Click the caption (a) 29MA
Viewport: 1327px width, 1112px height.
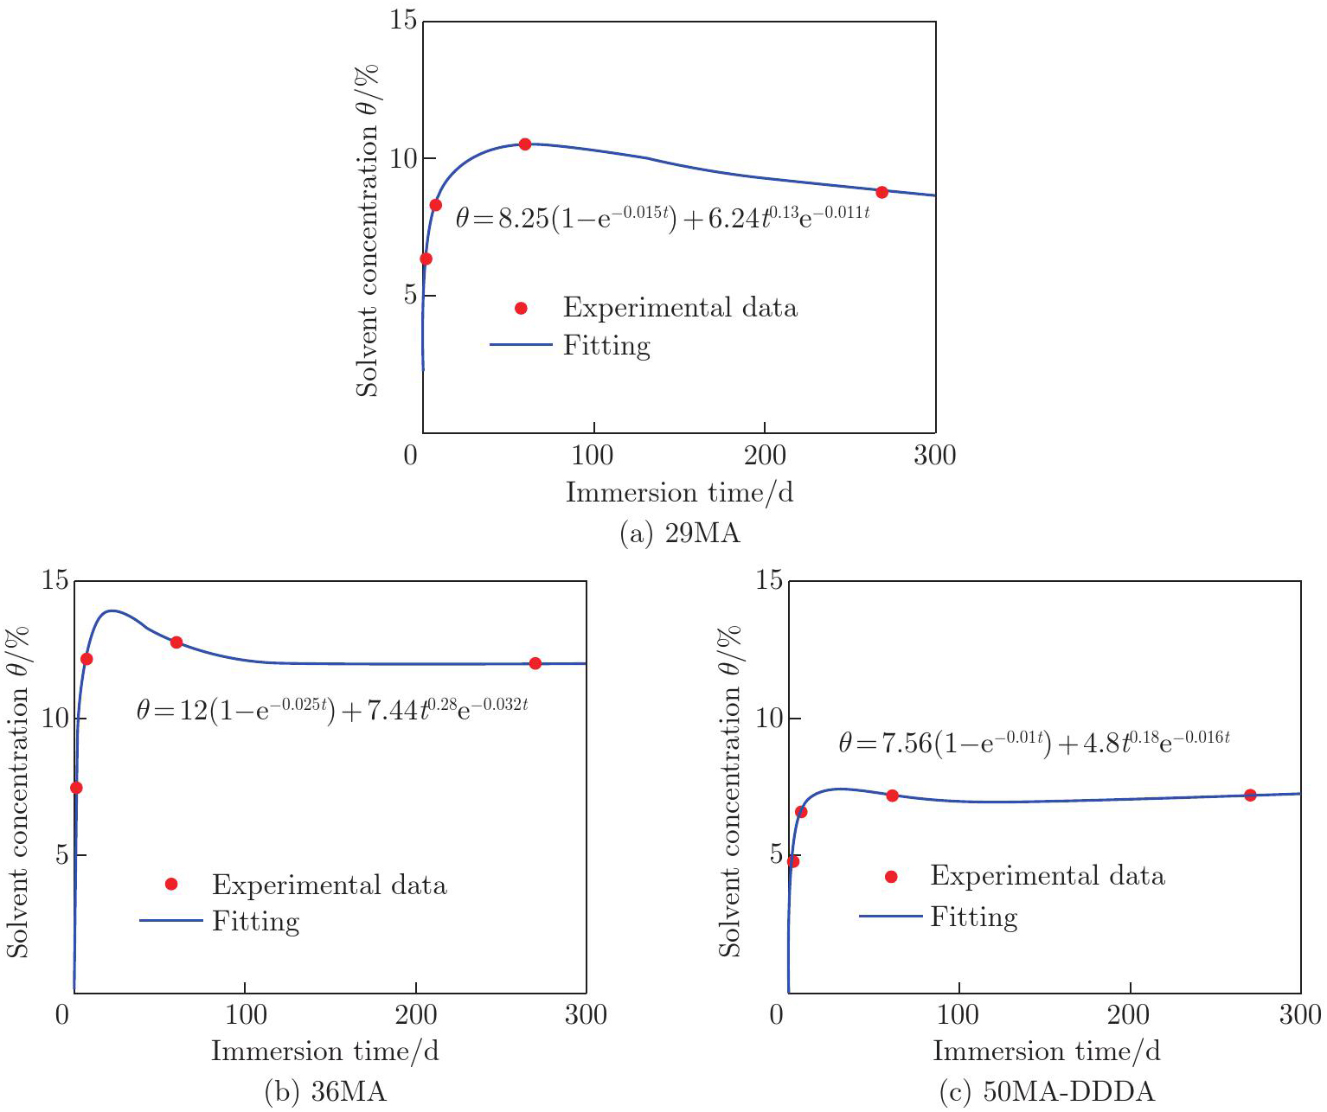click(x=680, y=534)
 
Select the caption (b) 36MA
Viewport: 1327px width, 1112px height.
click(x=324, y=1092)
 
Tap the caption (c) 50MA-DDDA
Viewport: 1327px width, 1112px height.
click(x=1046, y=1092)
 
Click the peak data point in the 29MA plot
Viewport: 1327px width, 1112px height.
click(x=524, y=144)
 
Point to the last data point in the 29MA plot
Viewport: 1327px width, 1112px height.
click(x=881, y=192)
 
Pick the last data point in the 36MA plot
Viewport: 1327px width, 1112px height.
click(x=535, y=663)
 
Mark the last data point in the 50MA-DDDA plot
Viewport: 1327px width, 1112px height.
click(x=1249, y=795)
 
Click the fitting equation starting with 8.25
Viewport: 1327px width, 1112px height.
click(x=662, y=217)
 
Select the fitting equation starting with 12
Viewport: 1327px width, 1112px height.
click(x=332, y=710)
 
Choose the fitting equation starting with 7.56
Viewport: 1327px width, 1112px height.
click(x=1034, y=743)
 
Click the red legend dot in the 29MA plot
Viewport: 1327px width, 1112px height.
click(x=521, y=308)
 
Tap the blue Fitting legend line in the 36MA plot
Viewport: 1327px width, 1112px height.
click(x=170, y=921)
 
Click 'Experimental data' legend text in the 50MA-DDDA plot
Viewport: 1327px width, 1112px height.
click(x=1047, y=876)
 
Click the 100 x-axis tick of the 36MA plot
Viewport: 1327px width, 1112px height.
click(x=245, y=1014)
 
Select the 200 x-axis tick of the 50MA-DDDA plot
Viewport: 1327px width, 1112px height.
click(x=1129, y=1014)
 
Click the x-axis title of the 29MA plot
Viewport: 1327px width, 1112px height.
click(x=679, y=493)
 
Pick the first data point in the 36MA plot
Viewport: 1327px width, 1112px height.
click(x=76, y=788)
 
